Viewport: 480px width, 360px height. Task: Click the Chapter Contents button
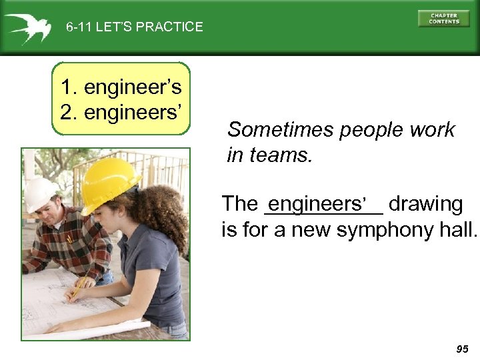coord(443,19)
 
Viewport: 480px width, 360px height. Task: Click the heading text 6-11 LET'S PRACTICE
coord(134,27)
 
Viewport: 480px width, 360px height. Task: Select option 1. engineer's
coord(121,87)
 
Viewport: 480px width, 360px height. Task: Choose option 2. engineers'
coord(121,111)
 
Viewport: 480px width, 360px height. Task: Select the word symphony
coord(377,230)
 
